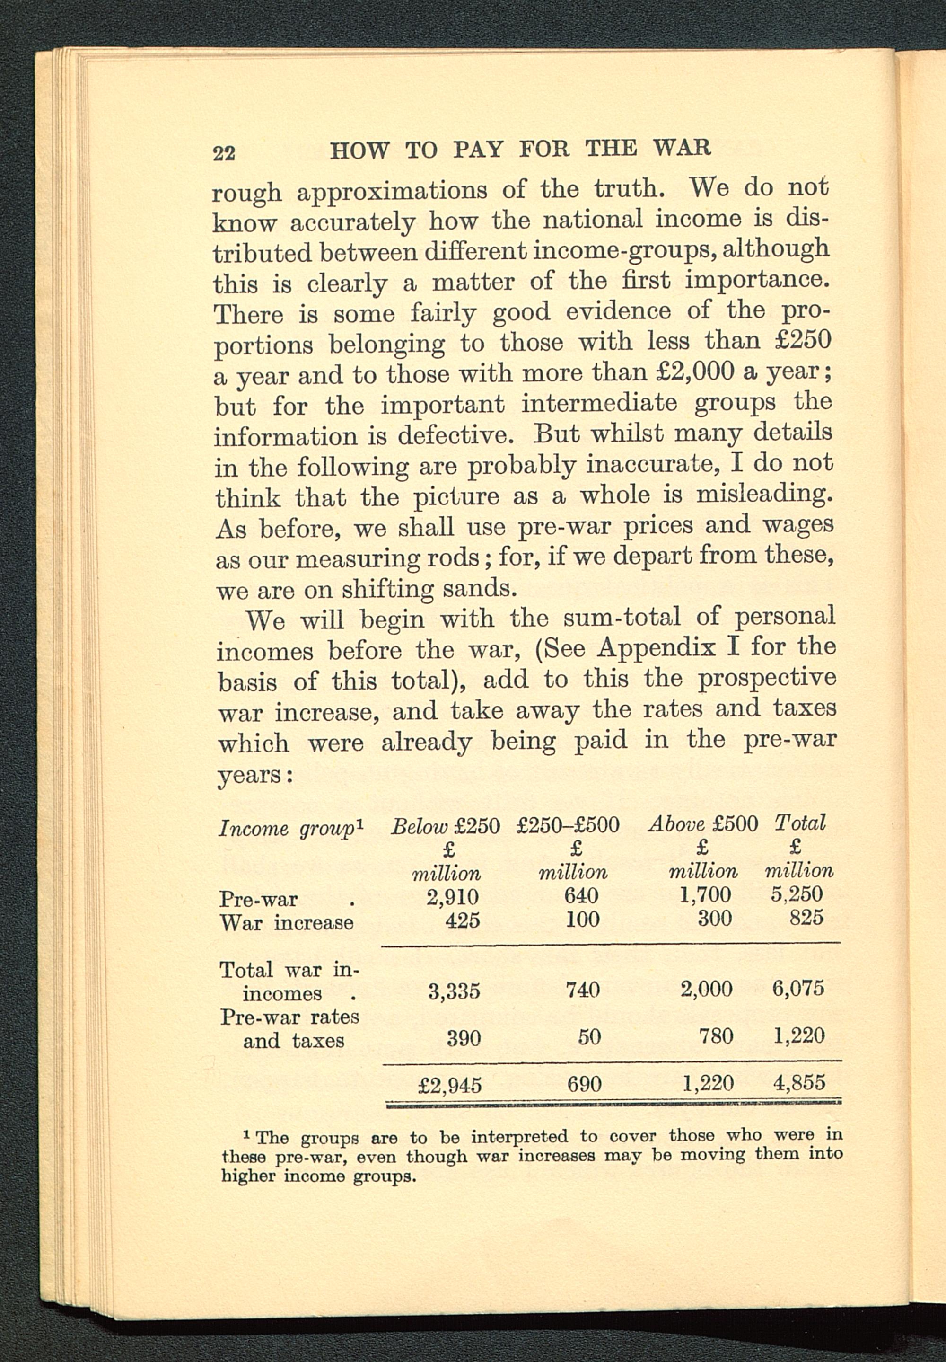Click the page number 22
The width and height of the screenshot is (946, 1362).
click(x=224, y=152)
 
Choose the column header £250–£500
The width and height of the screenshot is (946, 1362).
click(x=568, y=825)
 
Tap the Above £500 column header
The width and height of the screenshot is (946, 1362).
click(x=703, y=823)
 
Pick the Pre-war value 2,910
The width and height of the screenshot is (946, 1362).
click(x=453, y=896)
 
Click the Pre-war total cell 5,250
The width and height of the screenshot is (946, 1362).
click(x=797, y=893)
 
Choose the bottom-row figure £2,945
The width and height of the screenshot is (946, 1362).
click(x=450, y=1085)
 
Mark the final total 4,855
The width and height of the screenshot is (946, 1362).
click(x=799, y=1083)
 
